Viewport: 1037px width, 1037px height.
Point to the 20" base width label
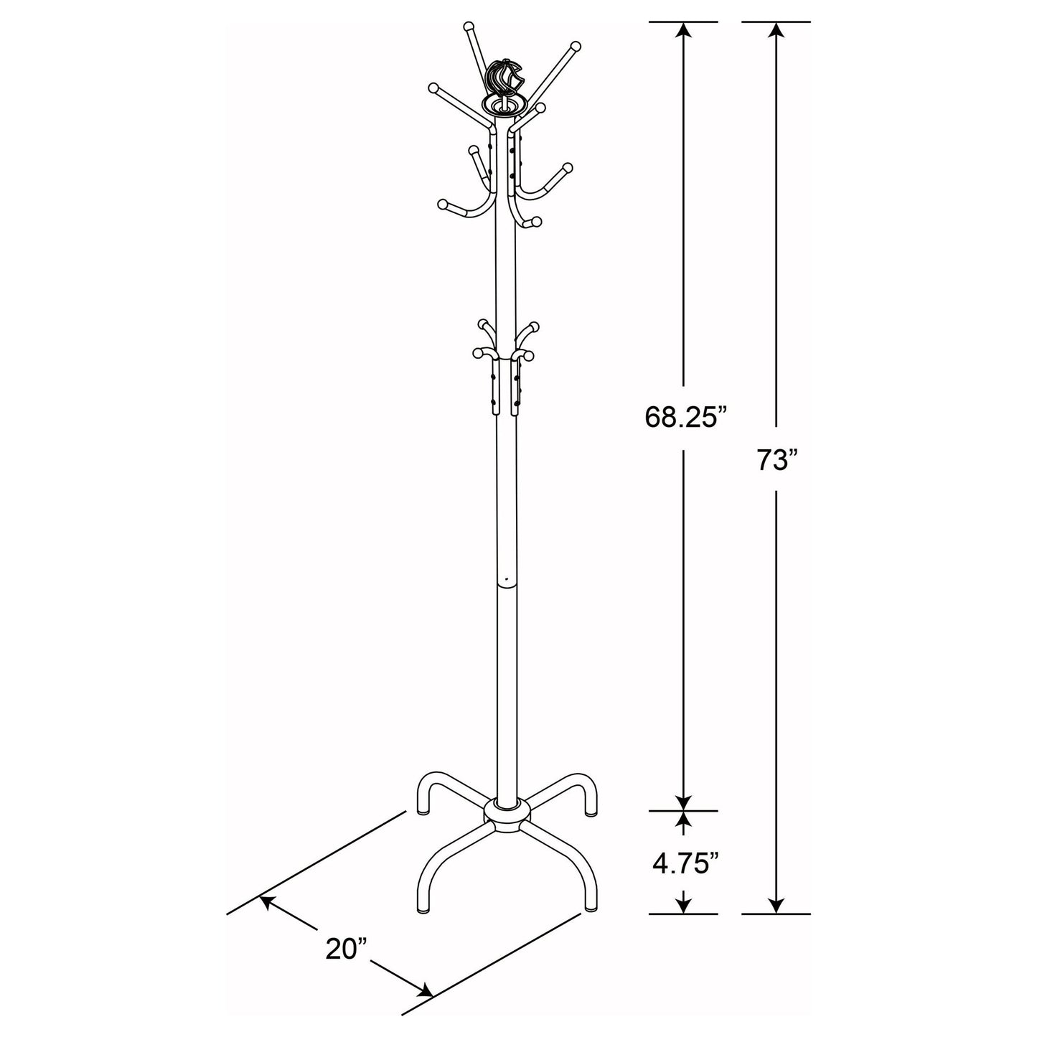click(x=346, y=948)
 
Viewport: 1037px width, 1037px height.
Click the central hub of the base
click(x=506, y=814)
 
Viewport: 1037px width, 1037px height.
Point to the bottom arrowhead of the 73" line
click(x=776, y=906)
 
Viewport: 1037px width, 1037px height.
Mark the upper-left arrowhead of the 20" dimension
click(x=267, y=901)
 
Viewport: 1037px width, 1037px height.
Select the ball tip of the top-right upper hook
click(x=574, y=47)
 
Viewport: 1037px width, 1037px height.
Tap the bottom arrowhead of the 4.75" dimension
click(x=684, y=906)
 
